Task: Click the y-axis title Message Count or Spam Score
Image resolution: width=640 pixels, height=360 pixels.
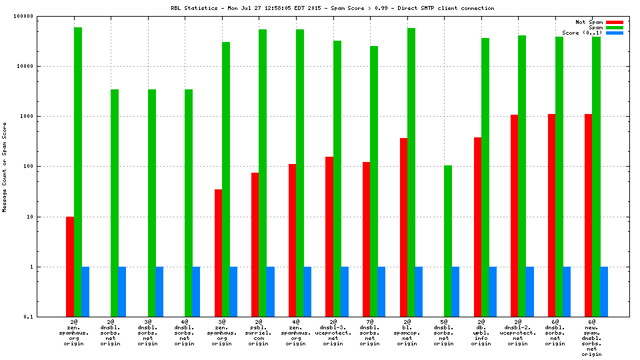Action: pos(5,167)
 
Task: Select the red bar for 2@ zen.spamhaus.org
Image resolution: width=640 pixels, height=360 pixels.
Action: pos(70,267)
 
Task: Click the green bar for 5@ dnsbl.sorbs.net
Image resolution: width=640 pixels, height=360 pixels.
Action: pos(448,241)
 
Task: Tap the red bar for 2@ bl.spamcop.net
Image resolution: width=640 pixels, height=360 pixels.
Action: pos(403,227)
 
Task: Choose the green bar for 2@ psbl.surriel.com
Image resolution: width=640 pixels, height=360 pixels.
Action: pos(263,173)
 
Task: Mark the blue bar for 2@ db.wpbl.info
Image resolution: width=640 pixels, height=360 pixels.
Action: pos(493,291)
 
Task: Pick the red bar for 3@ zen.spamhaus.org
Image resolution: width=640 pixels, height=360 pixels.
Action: pos(219,253)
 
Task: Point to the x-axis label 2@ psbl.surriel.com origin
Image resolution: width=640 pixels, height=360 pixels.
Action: pos(259,333)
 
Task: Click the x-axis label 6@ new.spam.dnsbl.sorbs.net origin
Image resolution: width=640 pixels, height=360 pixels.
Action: pos(591,337)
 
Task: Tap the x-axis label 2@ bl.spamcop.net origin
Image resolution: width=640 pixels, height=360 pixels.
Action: pos(407,333)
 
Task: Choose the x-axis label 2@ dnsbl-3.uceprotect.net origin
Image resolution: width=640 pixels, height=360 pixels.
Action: pos(333,333)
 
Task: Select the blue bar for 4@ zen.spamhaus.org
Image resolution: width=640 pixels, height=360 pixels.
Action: pos(307,291)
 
